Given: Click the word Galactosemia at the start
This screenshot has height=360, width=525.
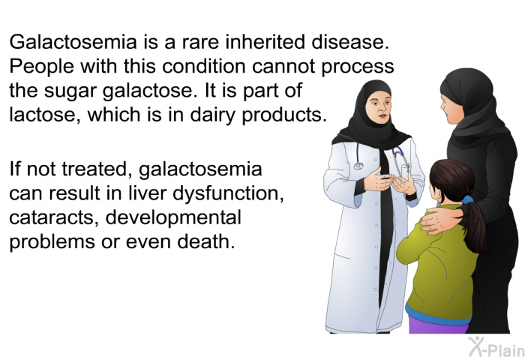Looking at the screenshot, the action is coord(73,42).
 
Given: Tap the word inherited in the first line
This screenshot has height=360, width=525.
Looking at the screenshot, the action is coord(265,42).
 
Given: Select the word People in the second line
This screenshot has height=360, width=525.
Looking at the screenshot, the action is coord(41,66).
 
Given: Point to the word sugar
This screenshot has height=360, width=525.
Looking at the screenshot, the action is coord(70,91).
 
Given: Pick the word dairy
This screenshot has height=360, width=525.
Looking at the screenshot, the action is coord(214,115).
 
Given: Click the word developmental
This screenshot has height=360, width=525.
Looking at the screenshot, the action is coord(173,217).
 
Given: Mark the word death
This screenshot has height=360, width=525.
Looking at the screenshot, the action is coord(206,241).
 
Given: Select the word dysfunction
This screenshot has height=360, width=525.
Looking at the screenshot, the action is coord(228,193).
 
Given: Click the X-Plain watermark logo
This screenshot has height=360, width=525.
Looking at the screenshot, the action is coord(496,347).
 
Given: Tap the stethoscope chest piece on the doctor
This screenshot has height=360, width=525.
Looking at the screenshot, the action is coord(358,166).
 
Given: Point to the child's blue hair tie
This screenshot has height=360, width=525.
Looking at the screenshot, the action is coord(466,200).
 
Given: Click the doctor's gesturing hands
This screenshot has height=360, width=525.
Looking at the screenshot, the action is coord(390,181).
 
